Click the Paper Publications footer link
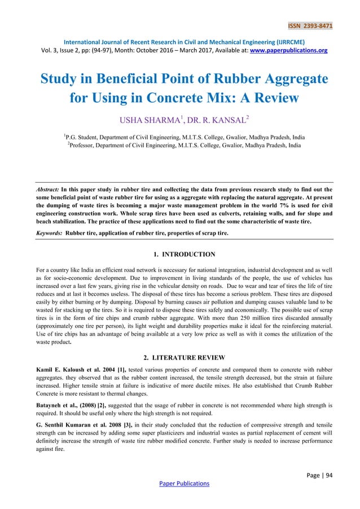pyautogui.click(x=179, y=483)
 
